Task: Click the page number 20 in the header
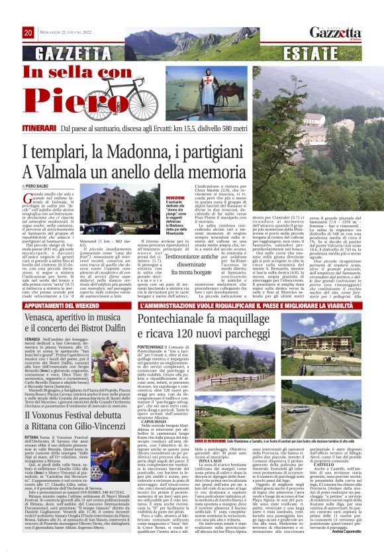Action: coord(28,32)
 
